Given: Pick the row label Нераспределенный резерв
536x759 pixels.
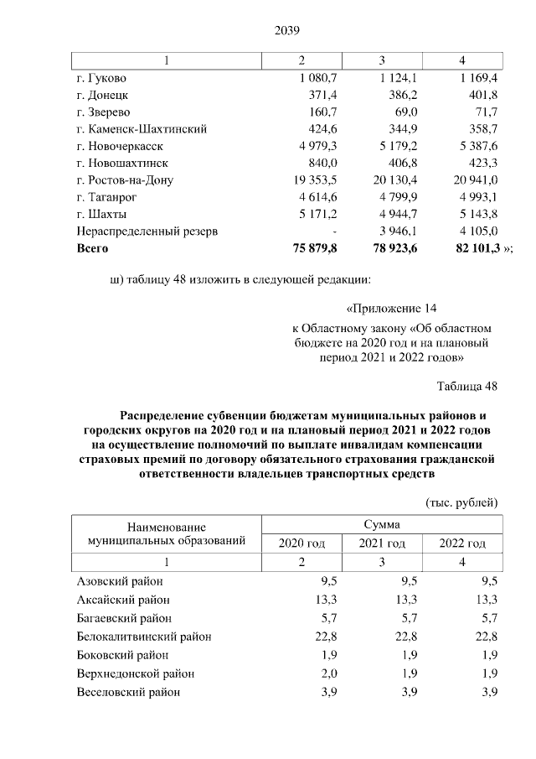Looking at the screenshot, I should pos(147,231).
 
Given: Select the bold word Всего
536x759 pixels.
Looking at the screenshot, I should pos(92,248).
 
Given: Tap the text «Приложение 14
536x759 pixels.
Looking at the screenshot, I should pos(392,308).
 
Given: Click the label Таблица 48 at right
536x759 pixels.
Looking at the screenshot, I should pos(467,386).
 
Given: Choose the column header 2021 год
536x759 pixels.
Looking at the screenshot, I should pos(382,543).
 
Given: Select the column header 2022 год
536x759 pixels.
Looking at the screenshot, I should pos(462,543).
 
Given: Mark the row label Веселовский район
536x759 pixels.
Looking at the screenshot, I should pos(127,692).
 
